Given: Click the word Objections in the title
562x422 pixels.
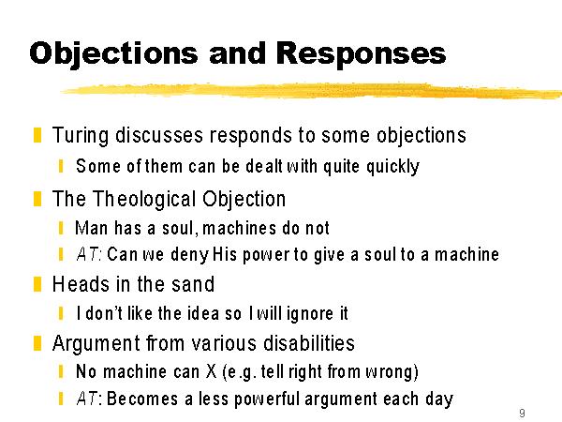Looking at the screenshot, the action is tap(113, 53).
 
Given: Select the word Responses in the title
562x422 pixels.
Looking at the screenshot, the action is tap(361, 53).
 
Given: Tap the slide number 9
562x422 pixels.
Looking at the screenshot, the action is tap(522, 414).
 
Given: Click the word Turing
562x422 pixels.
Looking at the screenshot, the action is tap(81, 136).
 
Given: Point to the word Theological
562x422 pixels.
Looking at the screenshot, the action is tap(144, 199).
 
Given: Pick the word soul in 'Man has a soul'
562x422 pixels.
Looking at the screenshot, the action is tap(178, 228).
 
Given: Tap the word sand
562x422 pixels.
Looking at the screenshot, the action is tap(193, 284).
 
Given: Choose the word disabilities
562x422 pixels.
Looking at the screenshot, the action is tap(309, 342).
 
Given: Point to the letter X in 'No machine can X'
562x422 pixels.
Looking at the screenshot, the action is tap(211, 371).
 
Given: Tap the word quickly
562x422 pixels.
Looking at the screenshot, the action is tap(392, 167).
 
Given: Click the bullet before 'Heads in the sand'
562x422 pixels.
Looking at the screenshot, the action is tap(37, 284).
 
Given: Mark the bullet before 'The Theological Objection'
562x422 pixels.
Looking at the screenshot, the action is tap(37, 199).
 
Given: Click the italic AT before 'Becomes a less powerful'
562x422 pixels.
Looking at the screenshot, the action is tap(87, 399).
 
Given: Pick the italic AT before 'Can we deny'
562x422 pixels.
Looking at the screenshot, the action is tap(87, 254).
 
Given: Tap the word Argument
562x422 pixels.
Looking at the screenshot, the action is tap(96, 343).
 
